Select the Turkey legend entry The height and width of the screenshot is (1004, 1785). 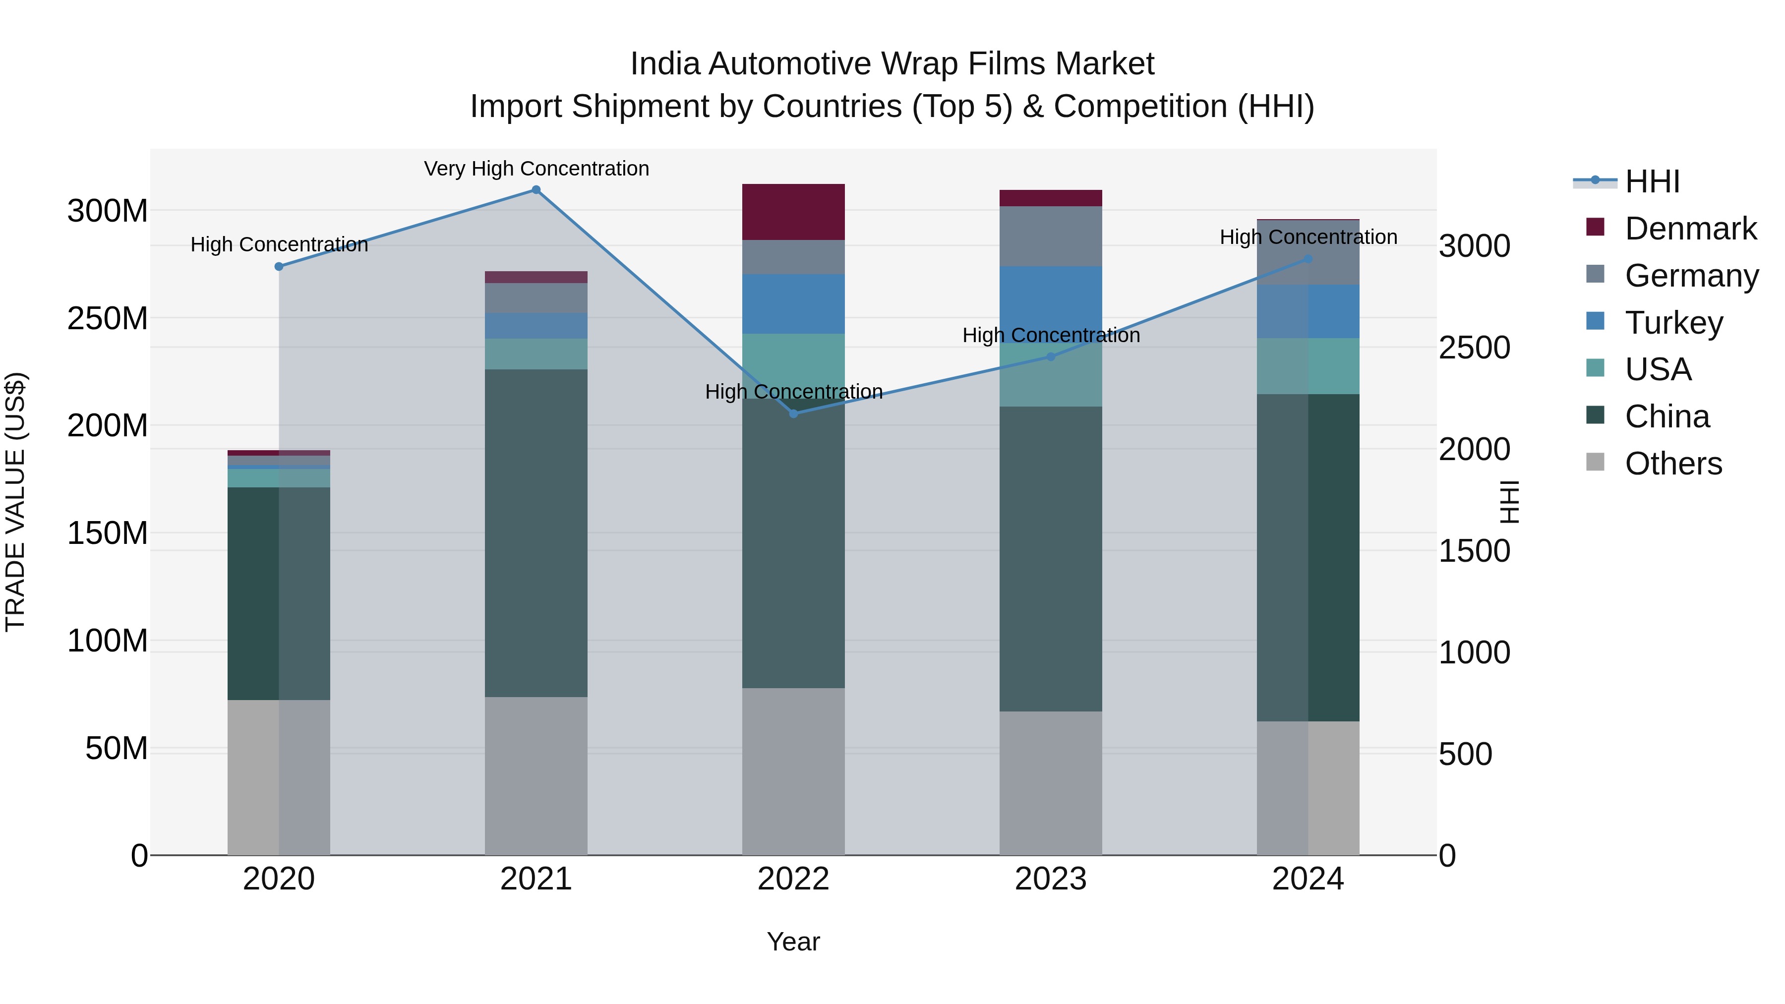[x=1673, y=323]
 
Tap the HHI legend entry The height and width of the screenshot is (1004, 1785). [x=1652, y=181]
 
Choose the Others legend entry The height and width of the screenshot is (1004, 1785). [x=1673, y=464]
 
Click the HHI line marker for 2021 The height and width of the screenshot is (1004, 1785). [x=535, y=190]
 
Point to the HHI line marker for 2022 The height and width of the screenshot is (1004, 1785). [x=793, y=413]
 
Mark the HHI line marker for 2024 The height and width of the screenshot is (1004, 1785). [x=1308, y=259]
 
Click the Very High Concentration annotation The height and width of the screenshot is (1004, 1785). [x=536, y=169]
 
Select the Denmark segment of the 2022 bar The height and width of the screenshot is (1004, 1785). [x=793, y=212]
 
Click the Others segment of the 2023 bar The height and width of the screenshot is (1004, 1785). [x=1051, y=783]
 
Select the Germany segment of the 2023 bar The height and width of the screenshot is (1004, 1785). [x=1051, y=236]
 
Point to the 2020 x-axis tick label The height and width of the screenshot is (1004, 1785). [x=279, y=879]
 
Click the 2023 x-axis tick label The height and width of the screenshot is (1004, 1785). [x=1051, y=879]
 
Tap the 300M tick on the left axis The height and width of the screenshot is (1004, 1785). [x=108, y=211]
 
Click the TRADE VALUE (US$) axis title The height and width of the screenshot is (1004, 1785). [x=15, y=502]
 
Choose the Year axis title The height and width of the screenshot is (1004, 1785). [x=793, y=942]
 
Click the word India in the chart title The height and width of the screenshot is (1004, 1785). [x=665, y=64]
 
